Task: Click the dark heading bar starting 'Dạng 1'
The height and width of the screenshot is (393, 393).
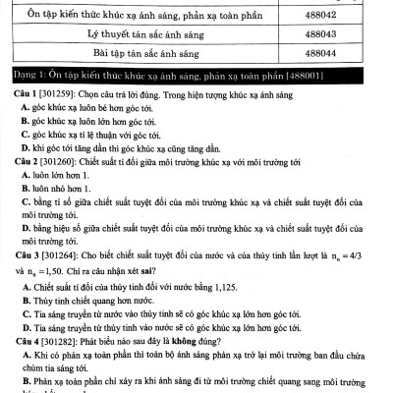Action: tap(196, 75)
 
